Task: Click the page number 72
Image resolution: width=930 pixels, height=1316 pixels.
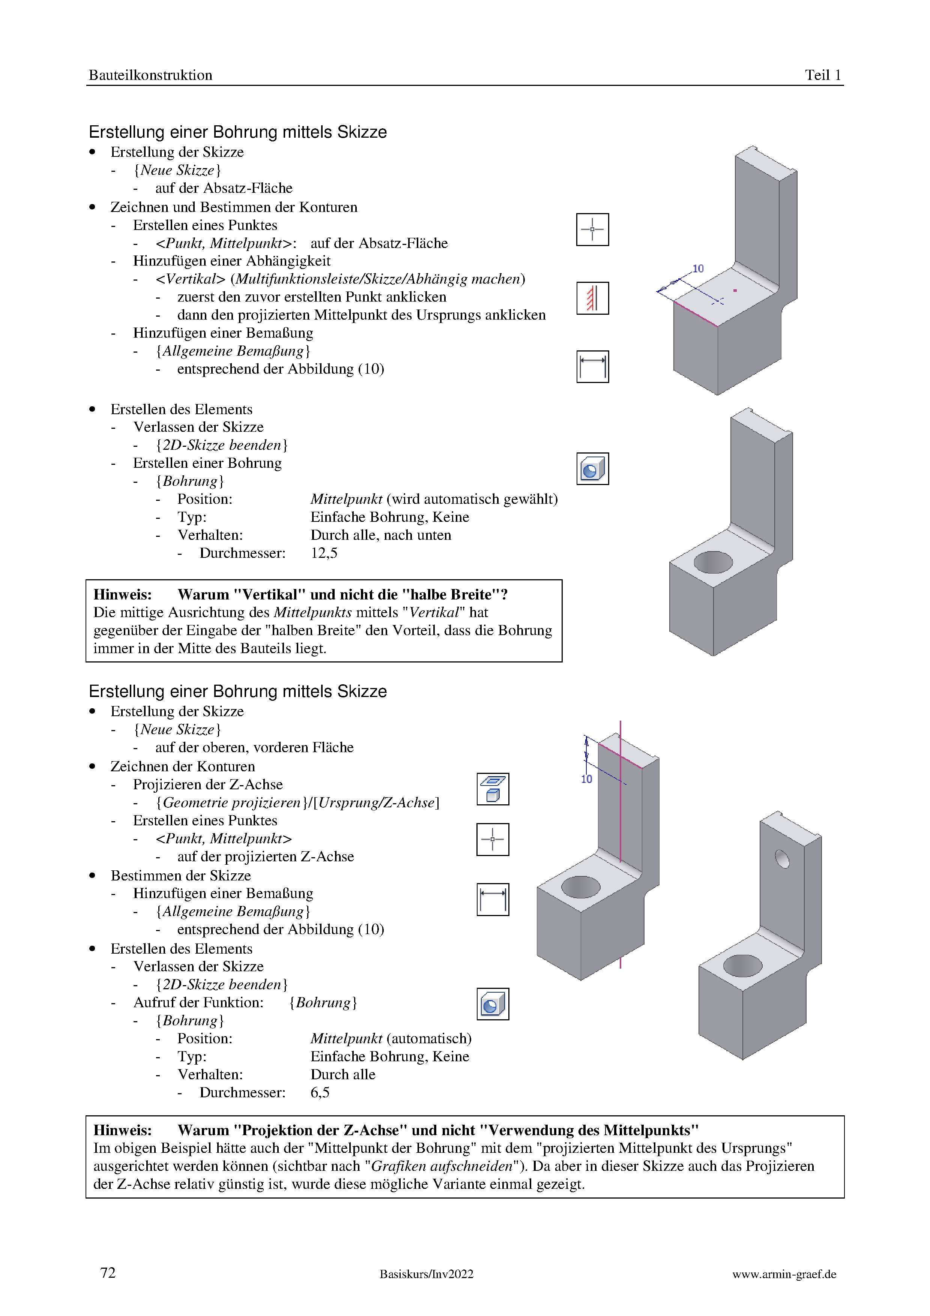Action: coord(108,1272)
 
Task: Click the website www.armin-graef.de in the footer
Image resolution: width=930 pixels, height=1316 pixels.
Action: coord(784,1274)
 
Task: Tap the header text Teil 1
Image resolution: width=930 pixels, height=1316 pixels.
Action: coord(823,75)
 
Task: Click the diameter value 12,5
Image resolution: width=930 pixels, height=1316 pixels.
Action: coord(324,553)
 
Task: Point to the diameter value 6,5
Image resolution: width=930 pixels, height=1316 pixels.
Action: coord(320,1092)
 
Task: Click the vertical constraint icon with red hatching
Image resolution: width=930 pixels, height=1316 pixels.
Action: coord(592,298)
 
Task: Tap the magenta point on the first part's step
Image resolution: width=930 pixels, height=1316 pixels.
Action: coord(735,291)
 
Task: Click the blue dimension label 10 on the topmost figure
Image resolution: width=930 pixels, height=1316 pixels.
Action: coord(698,268)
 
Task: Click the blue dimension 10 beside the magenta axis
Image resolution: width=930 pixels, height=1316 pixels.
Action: coord(586,779)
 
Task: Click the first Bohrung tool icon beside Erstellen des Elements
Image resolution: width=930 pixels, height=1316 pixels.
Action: coord(592,469)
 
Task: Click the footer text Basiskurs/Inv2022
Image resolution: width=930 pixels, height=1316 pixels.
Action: coord(426,1274)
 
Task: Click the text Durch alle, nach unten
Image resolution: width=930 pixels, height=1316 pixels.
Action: coord(380,535)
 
